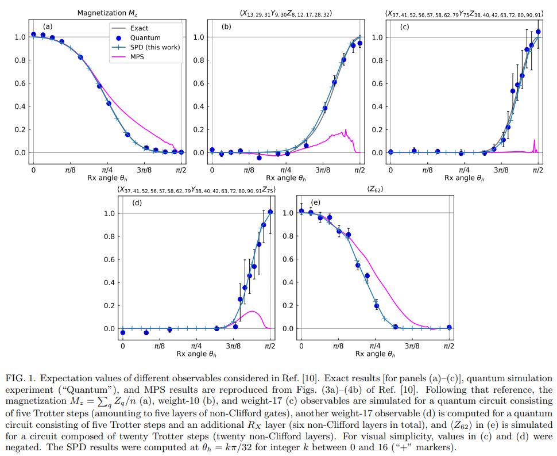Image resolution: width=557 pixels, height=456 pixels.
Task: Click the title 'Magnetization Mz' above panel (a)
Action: pos(107,13)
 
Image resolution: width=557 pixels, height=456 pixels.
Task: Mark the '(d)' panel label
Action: pos(137,202)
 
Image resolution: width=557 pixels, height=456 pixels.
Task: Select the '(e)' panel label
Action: pos(315,202)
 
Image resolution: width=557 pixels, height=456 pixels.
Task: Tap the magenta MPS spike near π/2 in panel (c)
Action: pos(534,142)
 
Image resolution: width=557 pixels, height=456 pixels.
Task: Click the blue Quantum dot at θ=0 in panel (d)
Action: pos(123,332)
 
